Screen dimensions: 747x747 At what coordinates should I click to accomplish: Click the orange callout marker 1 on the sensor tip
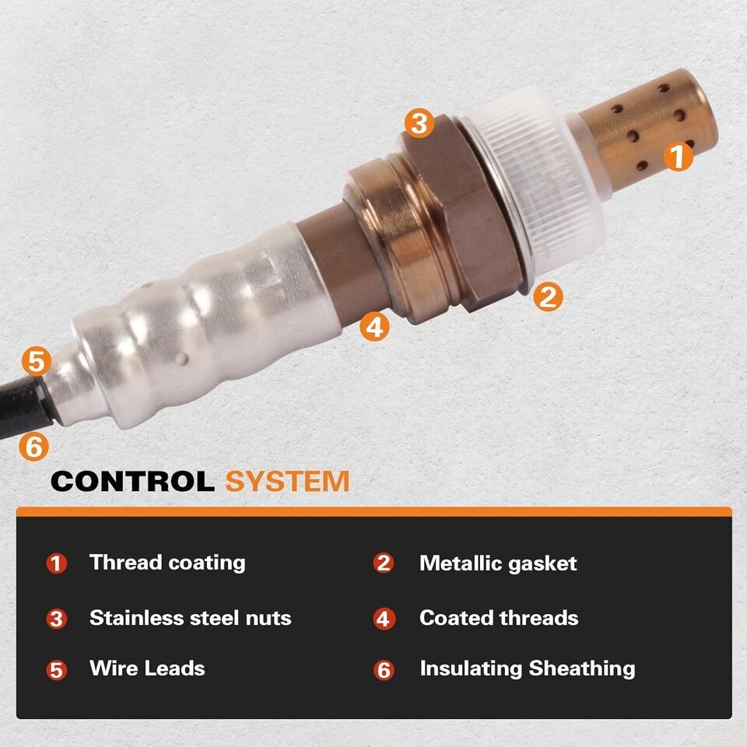(x=679, y=156)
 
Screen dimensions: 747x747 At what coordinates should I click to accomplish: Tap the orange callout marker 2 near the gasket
(x=548, y=296)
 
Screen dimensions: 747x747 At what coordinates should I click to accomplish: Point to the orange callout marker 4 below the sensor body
(x=374, y=327)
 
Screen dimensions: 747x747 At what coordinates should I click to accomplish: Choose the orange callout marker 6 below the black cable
(x=33, y=447)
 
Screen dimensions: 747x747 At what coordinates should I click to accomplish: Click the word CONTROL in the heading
(x=132, y=481)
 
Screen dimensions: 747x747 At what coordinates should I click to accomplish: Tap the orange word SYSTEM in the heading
(x=287, y=481)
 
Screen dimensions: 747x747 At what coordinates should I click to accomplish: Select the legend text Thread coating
(x=167, y=563)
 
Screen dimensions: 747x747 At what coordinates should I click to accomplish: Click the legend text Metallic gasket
(x=498, y=563)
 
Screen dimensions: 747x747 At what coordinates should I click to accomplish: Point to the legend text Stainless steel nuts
(x=190, y=618)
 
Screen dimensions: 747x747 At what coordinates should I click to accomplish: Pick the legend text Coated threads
(x=499, y=618)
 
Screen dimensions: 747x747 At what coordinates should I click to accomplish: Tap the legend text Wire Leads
(x=147, y=668)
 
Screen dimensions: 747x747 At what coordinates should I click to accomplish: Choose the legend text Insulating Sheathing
(x=528, y=669)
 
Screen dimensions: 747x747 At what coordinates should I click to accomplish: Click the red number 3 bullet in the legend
(x=56, y=619)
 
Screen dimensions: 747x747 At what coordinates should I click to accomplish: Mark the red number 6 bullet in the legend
(x=384, y=670)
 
